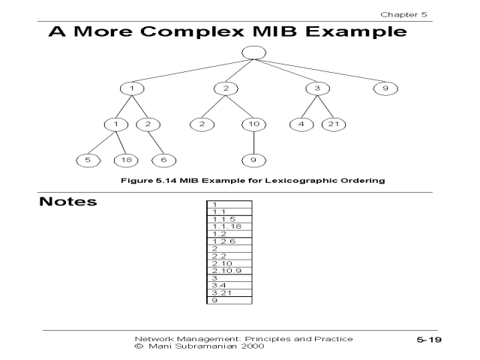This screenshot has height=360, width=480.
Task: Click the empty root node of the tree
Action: pyautogui.click(x=254, y=53)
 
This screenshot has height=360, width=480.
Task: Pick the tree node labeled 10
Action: pyautogui.click(x=253, y=123)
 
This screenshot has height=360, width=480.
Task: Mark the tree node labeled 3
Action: pyautogui.click(x=317, y=88)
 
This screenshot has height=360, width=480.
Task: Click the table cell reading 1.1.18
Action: pyautogui.click(x=228, y=226)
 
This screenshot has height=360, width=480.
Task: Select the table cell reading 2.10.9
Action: pyautogui.click(x=228, y=270)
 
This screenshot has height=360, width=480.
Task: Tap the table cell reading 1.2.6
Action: pyautogui.click(x=228, y=241)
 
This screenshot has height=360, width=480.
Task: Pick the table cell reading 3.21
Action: pyautogui.click(x=228, y=292)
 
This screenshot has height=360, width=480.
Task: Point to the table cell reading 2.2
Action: pyautogui.click(x=228, y=256)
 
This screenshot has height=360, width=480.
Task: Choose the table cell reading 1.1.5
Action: pyautogui.click(x=228, y=219)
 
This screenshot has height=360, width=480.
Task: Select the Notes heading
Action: pyautogui.click(x=68, y=203)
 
